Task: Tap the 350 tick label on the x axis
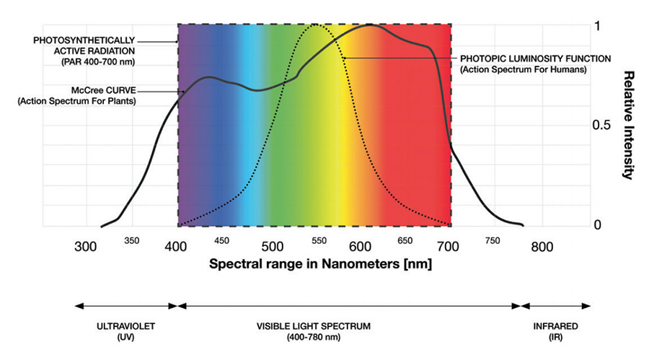(133, 241)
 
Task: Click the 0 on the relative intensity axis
(597, 225)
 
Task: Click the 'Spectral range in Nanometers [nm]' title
(320, 264)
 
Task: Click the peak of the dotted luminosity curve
(315, 25)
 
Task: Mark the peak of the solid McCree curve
(370, 25)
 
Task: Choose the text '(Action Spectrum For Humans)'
(524, 69)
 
